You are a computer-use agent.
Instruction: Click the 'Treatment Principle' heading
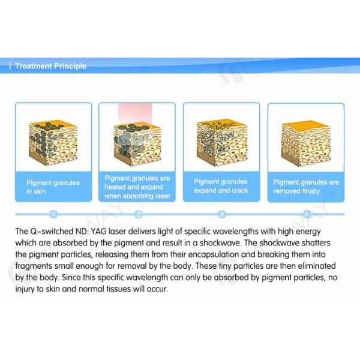click(51, 66)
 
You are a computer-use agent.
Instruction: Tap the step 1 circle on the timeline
click(53, 214)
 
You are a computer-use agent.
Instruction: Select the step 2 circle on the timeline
click(139, 214)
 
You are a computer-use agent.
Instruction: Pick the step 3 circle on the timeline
click(222, 214)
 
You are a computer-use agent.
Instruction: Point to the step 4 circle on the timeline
click(307, 214)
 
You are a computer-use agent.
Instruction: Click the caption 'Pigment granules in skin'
click(53, 187)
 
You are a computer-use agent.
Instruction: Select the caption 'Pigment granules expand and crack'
click(221, 186)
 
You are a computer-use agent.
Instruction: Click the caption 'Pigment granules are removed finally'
click(306, 187)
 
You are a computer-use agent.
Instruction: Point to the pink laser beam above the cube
click(135, 113)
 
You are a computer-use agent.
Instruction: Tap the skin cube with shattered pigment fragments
click(222, 143)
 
